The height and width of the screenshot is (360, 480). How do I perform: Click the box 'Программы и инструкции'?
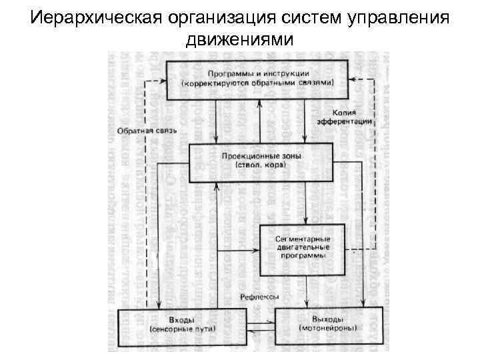(257, 79)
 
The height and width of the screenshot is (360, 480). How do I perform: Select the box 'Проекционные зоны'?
(261, 162)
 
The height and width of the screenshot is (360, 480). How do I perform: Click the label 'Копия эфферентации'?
(351, 117)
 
